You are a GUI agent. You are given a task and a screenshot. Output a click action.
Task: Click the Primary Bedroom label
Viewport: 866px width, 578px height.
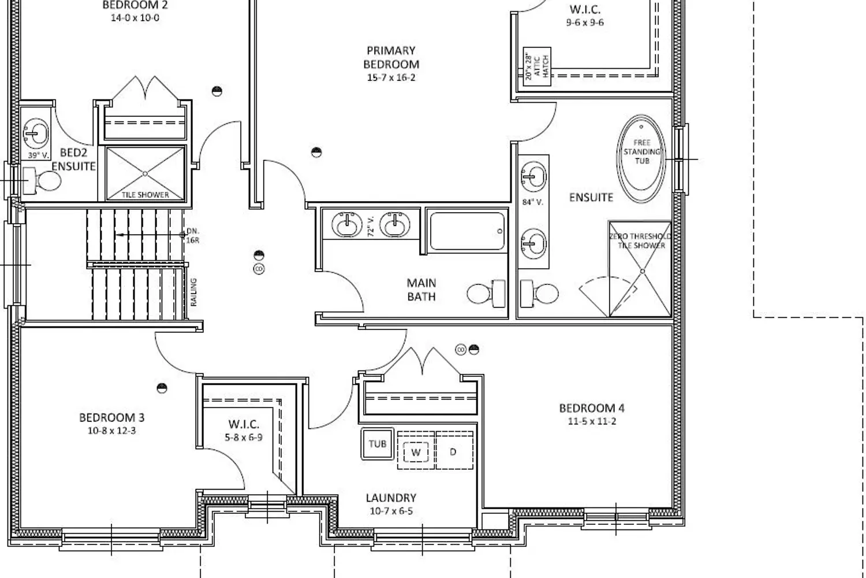(x=391, y=57)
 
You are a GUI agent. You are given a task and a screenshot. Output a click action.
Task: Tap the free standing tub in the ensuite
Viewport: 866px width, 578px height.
(x=641, y=159)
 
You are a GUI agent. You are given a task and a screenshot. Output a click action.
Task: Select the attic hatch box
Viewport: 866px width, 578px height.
(x=537, y=66)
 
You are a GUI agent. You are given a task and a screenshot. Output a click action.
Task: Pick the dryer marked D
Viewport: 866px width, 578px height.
(x=454, y=451)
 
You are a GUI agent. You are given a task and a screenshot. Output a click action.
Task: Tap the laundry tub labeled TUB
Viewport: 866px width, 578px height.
(x=378, y=444)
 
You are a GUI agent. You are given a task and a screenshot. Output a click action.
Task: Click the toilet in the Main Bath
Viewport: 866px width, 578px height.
(x=486, y=294)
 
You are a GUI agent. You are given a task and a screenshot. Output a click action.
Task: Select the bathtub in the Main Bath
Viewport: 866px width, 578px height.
(x=467, y=231)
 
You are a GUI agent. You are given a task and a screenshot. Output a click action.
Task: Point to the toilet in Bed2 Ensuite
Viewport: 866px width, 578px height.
(x=42, y=181)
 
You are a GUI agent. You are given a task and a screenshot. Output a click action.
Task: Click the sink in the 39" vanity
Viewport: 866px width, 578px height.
(x=36, y=134)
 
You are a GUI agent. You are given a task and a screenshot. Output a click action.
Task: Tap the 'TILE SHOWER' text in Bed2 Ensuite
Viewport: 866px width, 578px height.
(x=145, y=195)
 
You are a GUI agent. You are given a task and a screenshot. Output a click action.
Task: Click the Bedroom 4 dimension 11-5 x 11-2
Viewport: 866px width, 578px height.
(x=592, y=421)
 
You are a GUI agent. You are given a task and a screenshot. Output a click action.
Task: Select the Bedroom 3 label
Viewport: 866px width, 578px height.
(x=112, y=418)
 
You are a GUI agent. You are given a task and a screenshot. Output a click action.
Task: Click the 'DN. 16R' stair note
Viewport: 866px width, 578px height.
(x=193, y=235)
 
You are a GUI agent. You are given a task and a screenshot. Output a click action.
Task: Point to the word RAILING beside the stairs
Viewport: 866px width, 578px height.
(x=193, y=292)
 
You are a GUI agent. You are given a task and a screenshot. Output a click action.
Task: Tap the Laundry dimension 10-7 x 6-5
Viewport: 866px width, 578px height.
(x=391, y=511)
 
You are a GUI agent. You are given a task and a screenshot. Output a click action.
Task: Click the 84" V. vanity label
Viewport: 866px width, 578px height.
(x=533, y=202)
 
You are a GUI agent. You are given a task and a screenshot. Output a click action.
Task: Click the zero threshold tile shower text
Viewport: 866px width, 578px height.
(x=641, y=241)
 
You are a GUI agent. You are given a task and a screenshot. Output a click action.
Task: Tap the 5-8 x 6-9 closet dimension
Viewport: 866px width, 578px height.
(x=244, y=438)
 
